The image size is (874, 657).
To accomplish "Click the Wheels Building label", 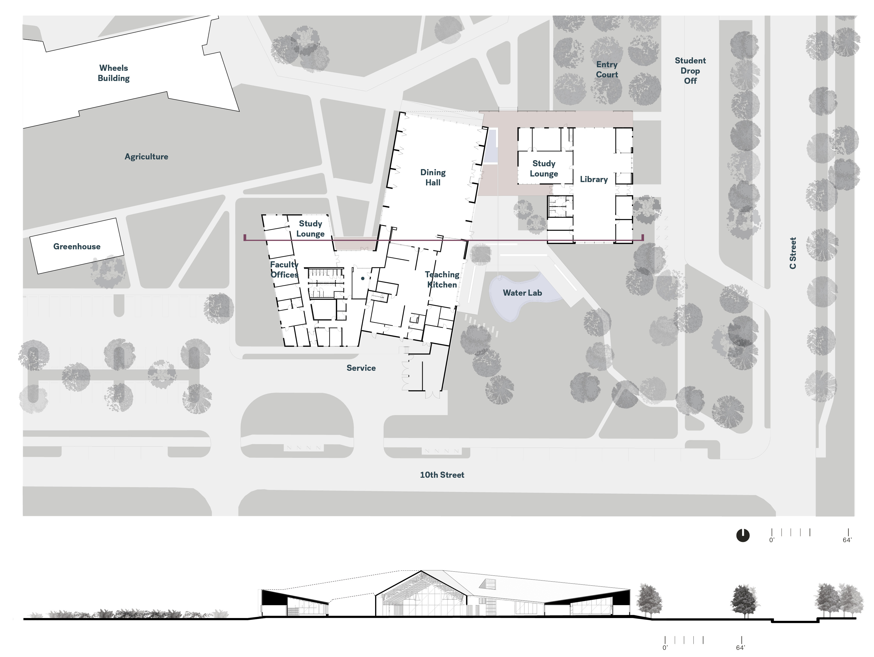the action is (x=114, y=73).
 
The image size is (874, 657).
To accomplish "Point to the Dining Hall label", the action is (x=433, y=177).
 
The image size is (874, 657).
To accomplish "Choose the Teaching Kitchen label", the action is (x=442, y=279).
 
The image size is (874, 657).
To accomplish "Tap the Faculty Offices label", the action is (x=284, y=269).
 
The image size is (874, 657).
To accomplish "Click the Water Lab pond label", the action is (x=522, y=293).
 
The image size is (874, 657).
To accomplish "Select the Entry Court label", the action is (x=607, y=70).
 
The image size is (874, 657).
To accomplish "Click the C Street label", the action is (x=793, y=253).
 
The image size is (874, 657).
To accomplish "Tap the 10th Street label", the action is (x=442, y=475).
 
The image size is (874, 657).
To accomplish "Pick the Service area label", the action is (x=361, y=368).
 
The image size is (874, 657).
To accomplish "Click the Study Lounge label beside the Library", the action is (x=544, y=169).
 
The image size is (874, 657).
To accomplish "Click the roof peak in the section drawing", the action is (x=421, y=570).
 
